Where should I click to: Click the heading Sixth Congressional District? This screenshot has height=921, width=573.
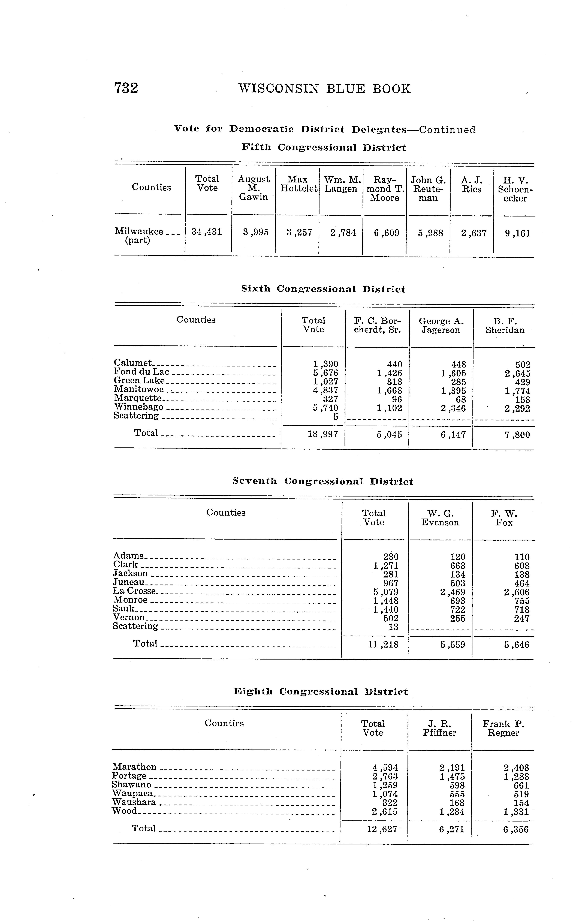[323, 289]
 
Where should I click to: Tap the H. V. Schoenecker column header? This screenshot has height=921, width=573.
[515, 189]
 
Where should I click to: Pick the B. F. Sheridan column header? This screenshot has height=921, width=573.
[505, 326]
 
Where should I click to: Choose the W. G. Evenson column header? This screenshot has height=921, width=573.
[440, 518]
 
